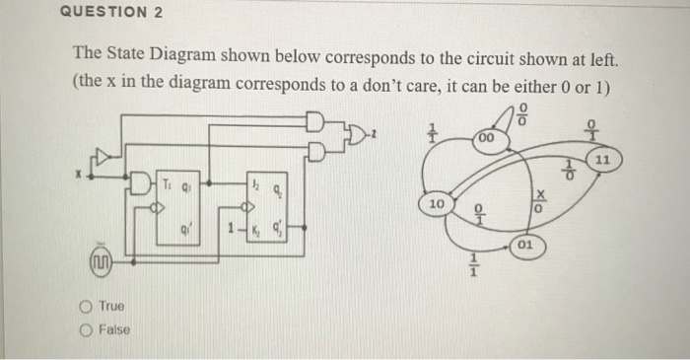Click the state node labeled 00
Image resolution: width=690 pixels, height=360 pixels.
(484, 141)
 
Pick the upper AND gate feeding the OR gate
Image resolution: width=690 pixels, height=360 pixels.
(316, 122)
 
